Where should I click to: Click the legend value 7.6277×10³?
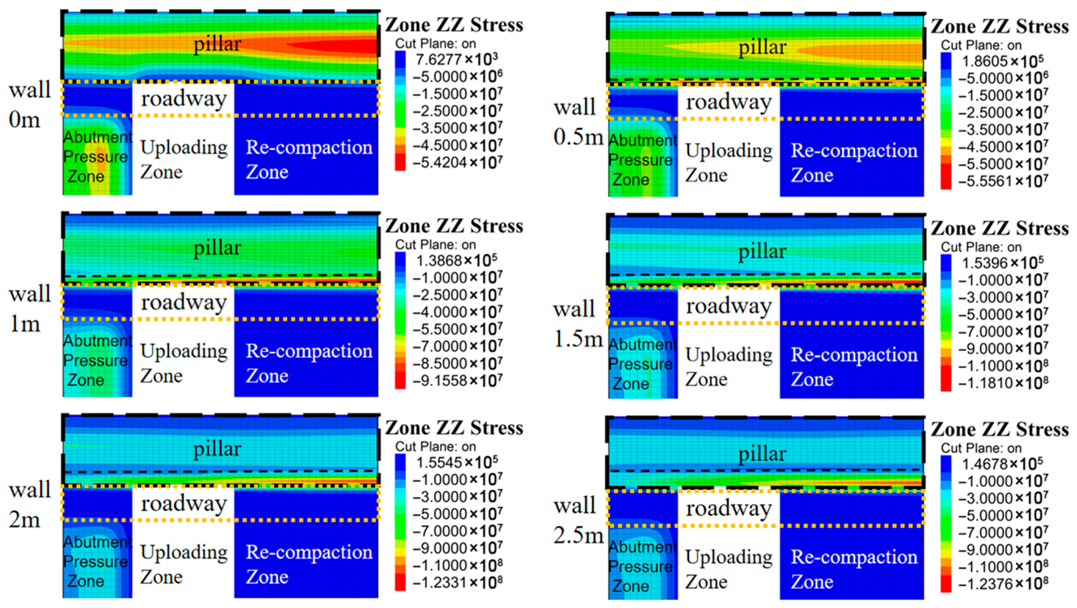[457, 60]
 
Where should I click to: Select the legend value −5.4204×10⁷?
[457, 162]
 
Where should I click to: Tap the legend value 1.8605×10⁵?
[1002, 61]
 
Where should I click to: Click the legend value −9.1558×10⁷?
[457, 381]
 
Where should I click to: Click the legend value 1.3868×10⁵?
[457, 261]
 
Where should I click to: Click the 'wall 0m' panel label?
[29, 104]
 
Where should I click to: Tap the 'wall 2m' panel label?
[29, 504]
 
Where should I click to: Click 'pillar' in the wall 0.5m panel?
[762, 47]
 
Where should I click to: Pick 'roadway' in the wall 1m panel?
[184, 302]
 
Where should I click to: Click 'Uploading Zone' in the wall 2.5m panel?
[728, 569]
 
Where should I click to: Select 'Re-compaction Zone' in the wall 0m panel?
[308, 159]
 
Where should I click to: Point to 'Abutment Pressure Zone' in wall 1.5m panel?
[642, 364]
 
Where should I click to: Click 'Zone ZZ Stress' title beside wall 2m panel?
[454, 428]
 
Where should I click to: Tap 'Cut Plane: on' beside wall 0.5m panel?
[981, 45]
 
